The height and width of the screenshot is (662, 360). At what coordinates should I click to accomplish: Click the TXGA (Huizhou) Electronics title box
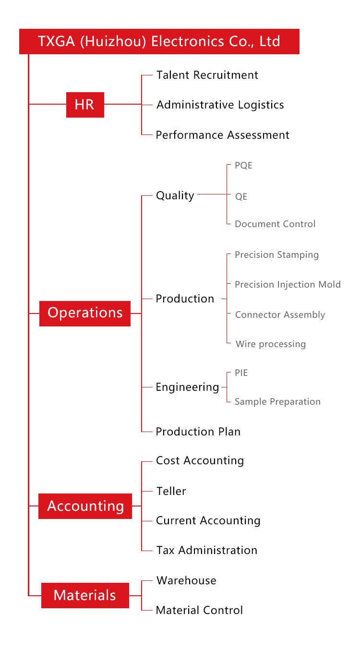[x=159, y=41]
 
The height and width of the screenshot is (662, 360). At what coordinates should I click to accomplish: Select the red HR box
[x=85, y=105]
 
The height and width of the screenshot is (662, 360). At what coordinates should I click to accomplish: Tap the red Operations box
[x=85, y=313]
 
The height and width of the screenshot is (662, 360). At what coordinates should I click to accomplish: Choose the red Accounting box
[x=85, y=506]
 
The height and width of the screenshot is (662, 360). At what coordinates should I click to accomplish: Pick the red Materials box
[x=85, y=595]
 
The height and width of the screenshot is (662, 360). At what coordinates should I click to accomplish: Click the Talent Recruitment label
[x=207, y=75]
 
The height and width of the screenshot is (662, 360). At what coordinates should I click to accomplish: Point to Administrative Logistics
[x=220, y=105]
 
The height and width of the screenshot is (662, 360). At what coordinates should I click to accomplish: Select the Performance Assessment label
[x=223, y=135]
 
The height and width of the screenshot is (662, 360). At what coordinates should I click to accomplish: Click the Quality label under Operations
[x=175, y=195]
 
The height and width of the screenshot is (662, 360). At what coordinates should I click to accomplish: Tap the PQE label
[x=243, y=166]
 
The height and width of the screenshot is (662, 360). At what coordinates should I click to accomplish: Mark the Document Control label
[x=275, y=224]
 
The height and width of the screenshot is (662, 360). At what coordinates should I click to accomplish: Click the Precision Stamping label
[x=276, y=254]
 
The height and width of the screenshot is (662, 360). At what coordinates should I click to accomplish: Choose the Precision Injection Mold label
[x=288, y=285]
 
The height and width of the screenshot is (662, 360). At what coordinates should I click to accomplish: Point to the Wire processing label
[x=271, y=344]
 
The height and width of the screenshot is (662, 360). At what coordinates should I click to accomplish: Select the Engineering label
[x=187, y=387]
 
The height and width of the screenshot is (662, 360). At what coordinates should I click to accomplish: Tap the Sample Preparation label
[x=277, y=402]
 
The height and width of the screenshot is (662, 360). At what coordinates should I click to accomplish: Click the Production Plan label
[x=198, y=432]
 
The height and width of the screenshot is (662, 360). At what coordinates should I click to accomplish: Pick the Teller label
[x=171, y=491]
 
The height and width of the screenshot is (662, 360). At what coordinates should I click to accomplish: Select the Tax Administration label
[x=207, y=550]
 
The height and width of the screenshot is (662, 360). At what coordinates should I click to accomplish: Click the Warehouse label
[x=186, y=580]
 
